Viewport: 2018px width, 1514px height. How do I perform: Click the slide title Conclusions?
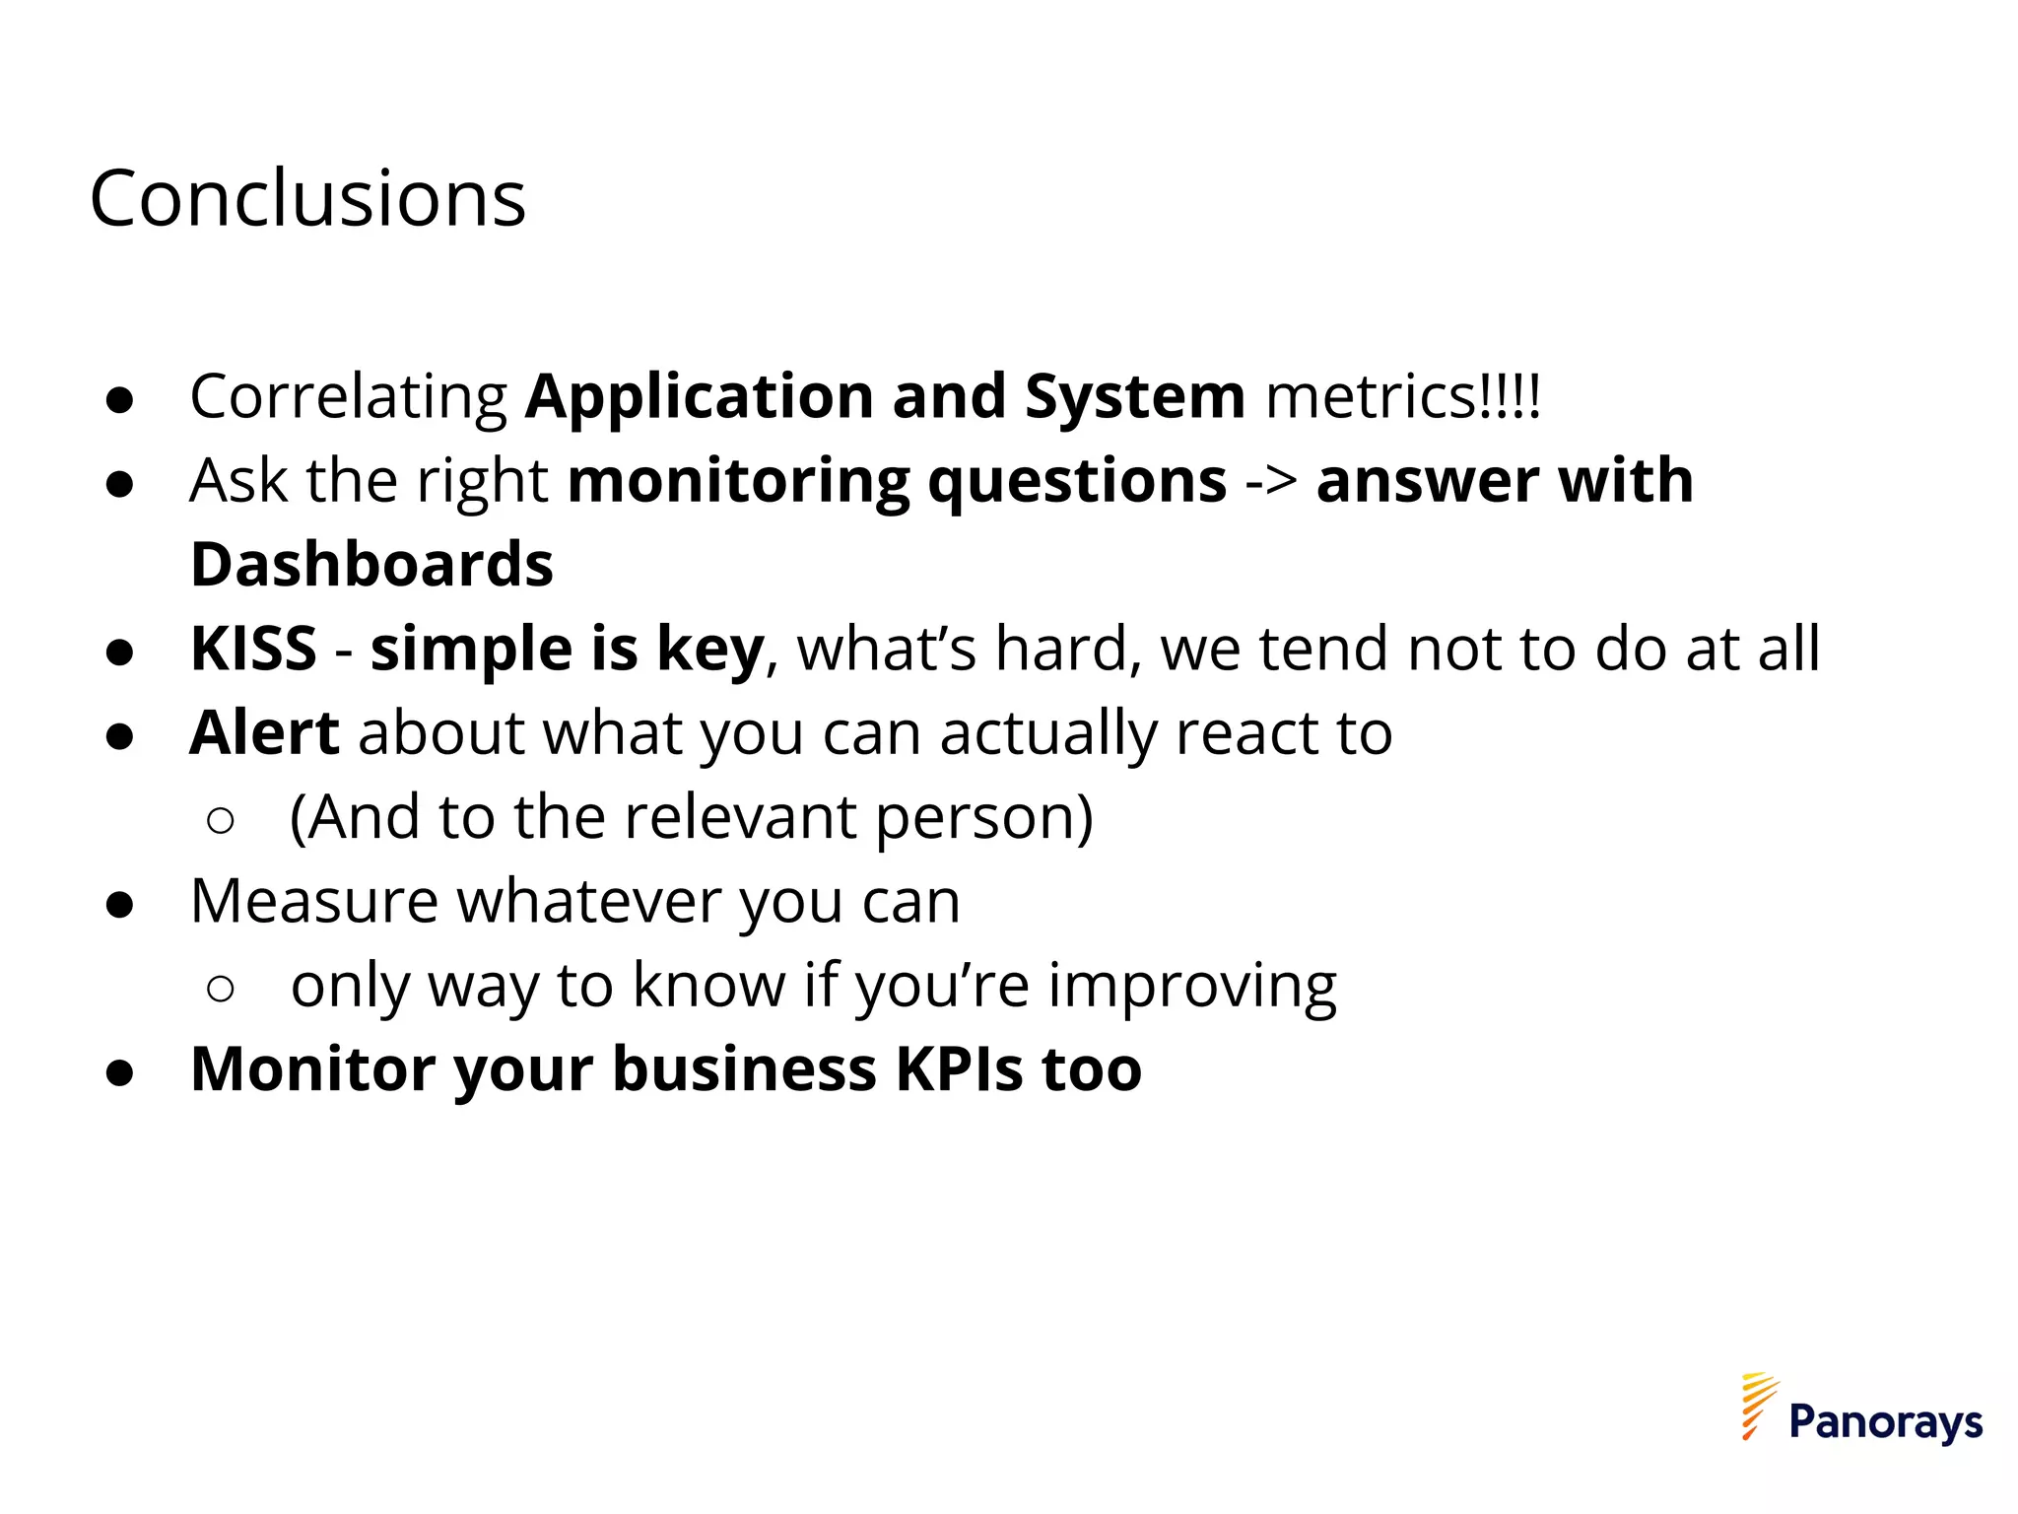click(307, 199)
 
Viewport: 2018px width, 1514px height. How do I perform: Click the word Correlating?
click(349, 397)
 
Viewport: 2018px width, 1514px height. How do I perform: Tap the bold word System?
click(1134, 397)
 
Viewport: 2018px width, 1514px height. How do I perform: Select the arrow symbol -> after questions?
click(1271, 482)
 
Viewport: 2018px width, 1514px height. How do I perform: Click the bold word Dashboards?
click(371, 565)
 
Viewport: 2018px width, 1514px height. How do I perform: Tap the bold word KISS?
click(253, 650)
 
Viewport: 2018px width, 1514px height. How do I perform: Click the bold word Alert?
click(264, 733)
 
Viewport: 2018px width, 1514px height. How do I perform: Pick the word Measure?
click(313, 902)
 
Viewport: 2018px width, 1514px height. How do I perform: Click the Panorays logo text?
click(1885, 1422)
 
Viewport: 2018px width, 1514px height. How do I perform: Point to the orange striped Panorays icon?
click(1758, 1406)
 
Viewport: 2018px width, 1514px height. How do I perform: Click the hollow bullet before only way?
click(221, 988)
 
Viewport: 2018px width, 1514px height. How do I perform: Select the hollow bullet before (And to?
click(221, 820)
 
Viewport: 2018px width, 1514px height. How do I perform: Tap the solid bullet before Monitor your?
click(119, 1072)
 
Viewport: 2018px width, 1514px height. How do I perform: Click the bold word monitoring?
click(738, 482)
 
